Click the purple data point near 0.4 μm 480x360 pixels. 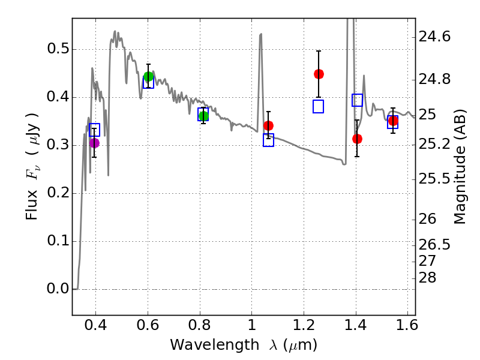[x=94, y=143]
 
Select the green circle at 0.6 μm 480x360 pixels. [x=148, y=76]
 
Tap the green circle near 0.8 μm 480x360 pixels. [x=203, y=116]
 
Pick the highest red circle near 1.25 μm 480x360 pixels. [x=319, y=74]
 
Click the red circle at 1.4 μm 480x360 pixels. [x=357, y=139]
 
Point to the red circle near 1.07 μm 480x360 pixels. [x=268, y=125]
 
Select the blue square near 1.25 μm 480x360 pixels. [x=318, y=107]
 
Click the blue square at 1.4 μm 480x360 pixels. [x=357, y=100]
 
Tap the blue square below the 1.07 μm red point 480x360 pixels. [x=268, y=140]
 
